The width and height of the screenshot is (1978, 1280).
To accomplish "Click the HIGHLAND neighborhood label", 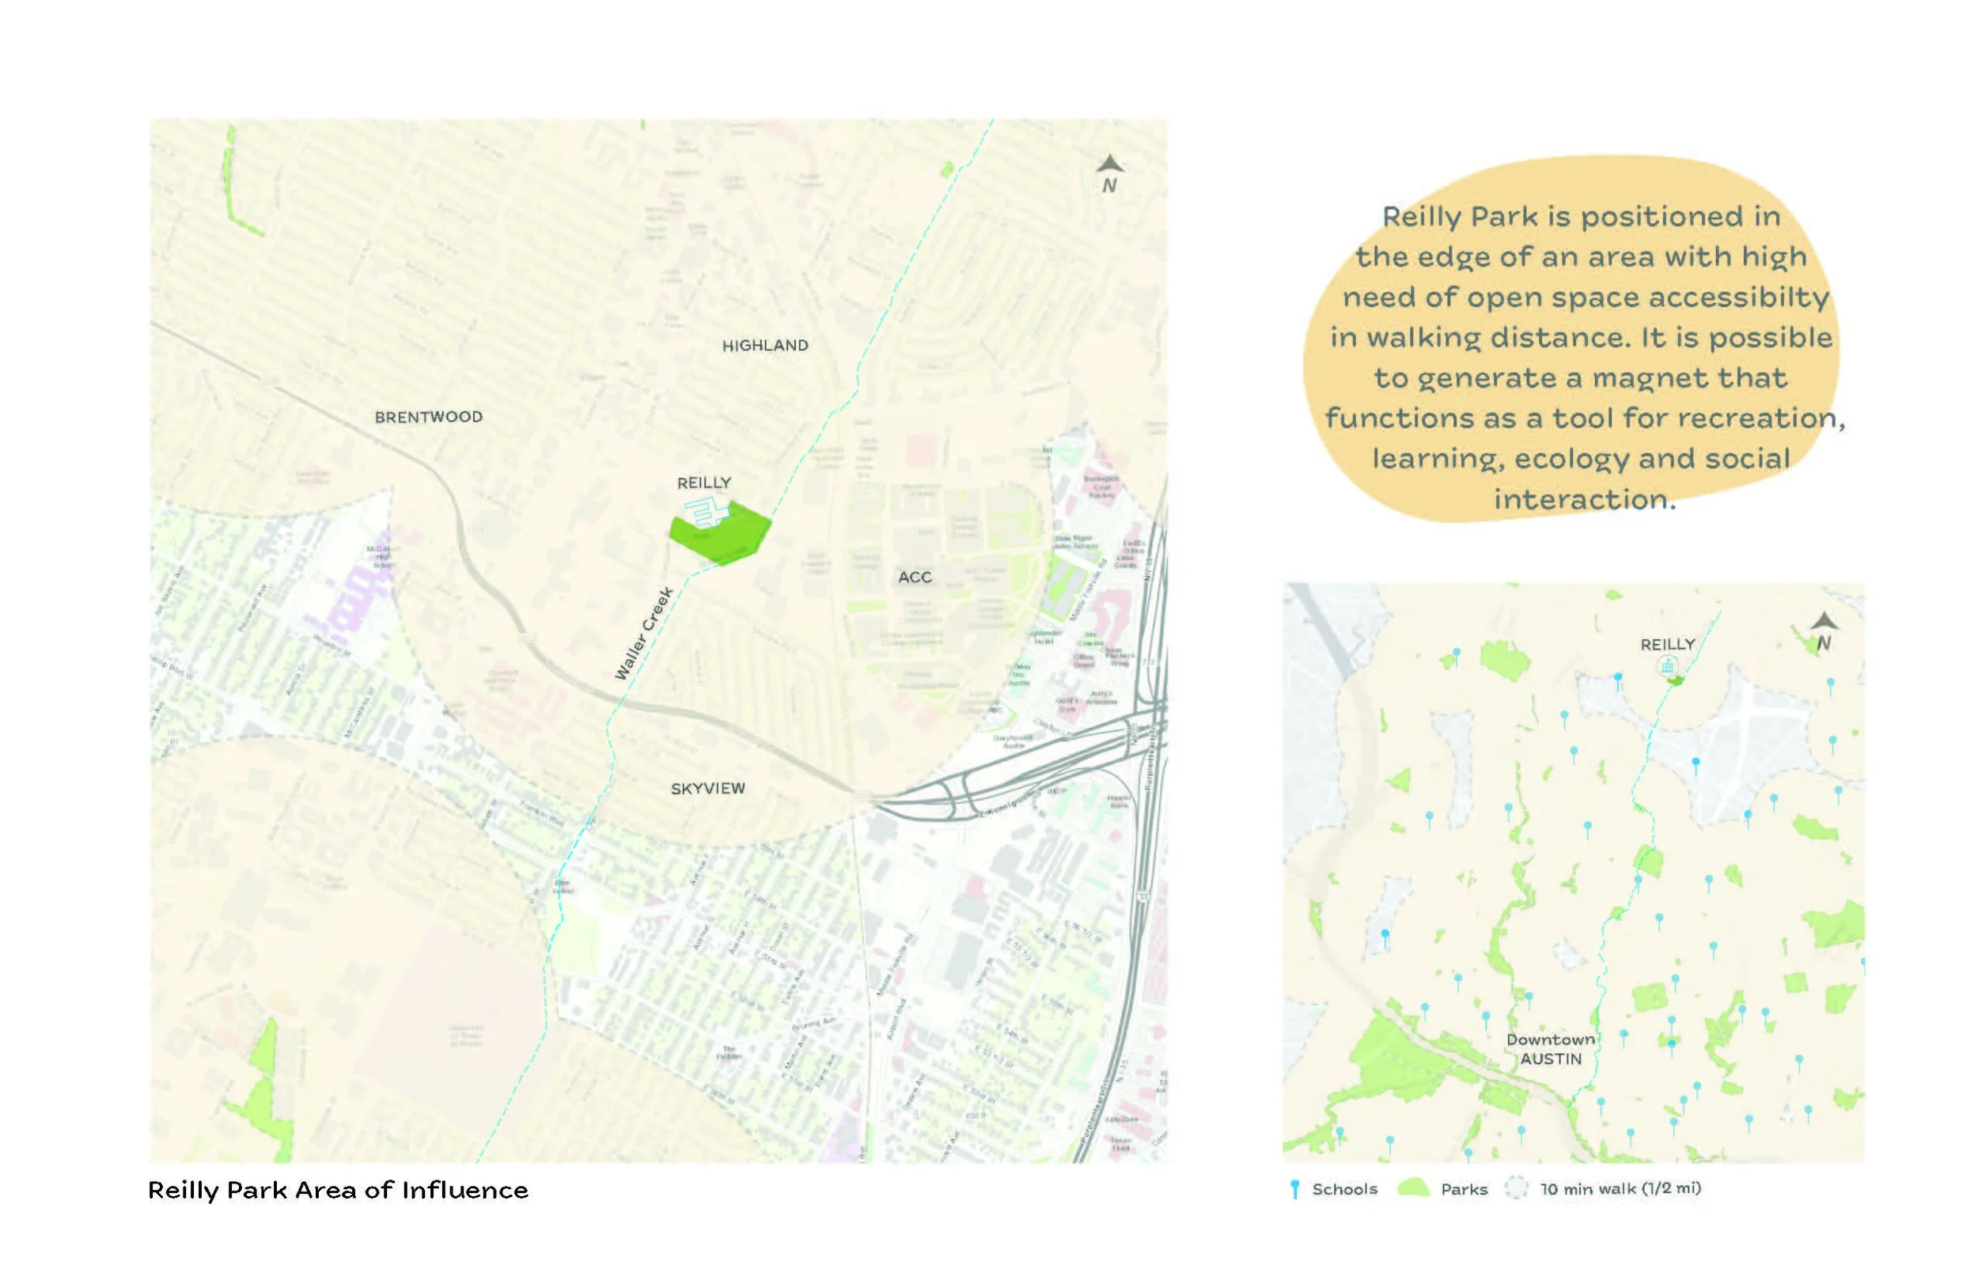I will coord(764,346).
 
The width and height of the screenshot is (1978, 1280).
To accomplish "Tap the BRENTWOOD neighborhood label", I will coord(428,417).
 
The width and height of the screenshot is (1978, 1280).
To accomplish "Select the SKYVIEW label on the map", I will coord(707,788).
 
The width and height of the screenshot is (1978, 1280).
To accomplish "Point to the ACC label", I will coord(914,577).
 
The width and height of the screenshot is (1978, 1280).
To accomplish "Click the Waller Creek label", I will coord(643,634).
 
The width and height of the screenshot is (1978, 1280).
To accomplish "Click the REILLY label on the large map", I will coord(704,483).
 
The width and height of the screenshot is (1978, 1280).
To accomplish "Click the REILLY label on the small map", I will coord(1667,644).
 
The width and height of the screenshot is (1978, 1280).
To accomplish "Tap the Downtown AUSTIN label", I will coord(1550,1049).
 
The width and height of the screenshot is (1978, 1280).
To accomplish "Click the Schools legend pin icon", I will coord(1294,1189).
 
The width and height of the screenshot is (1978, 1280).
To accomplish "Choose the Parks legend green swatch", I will coord(1413,1188).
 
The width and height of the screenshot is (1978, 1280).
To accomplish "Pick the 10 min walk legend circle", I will coord(1517,1188).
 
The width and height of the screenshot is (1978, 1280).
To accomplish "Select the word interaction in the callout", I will coord(1584,499).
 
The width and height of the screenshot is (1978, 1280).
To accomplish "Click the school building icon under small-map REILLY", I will coord(1666,666).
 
